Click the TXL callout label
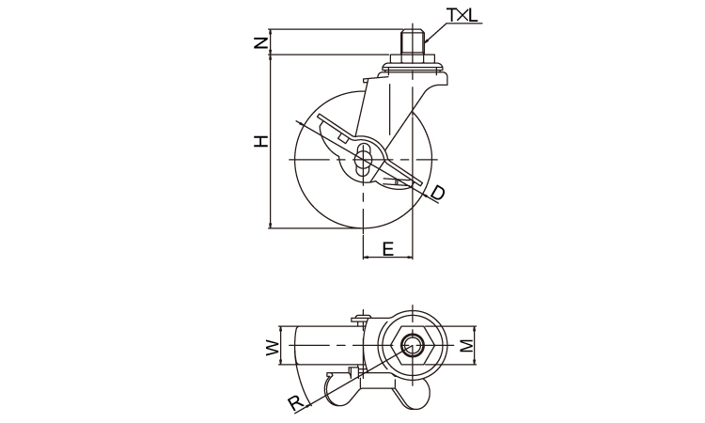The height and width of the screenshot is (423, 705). pos(462,15)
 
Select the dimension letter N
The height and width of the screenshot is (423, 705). pos(260,42)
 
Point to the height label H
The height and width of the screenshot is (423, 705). pos(260,141)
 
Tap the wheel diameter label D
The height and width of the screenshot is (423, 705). pos(437,193)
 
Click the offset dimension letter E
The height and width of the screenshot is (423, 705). pos(388,248)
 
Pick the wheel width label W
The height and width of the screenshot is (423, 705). pos(272,348)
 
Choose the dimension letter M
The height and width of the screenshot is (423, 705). pos(467,345)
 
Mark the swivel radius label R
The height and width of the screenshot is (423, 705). pos(296,403)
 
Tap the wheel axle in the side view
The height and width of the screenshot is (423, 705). pos(363,160)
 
